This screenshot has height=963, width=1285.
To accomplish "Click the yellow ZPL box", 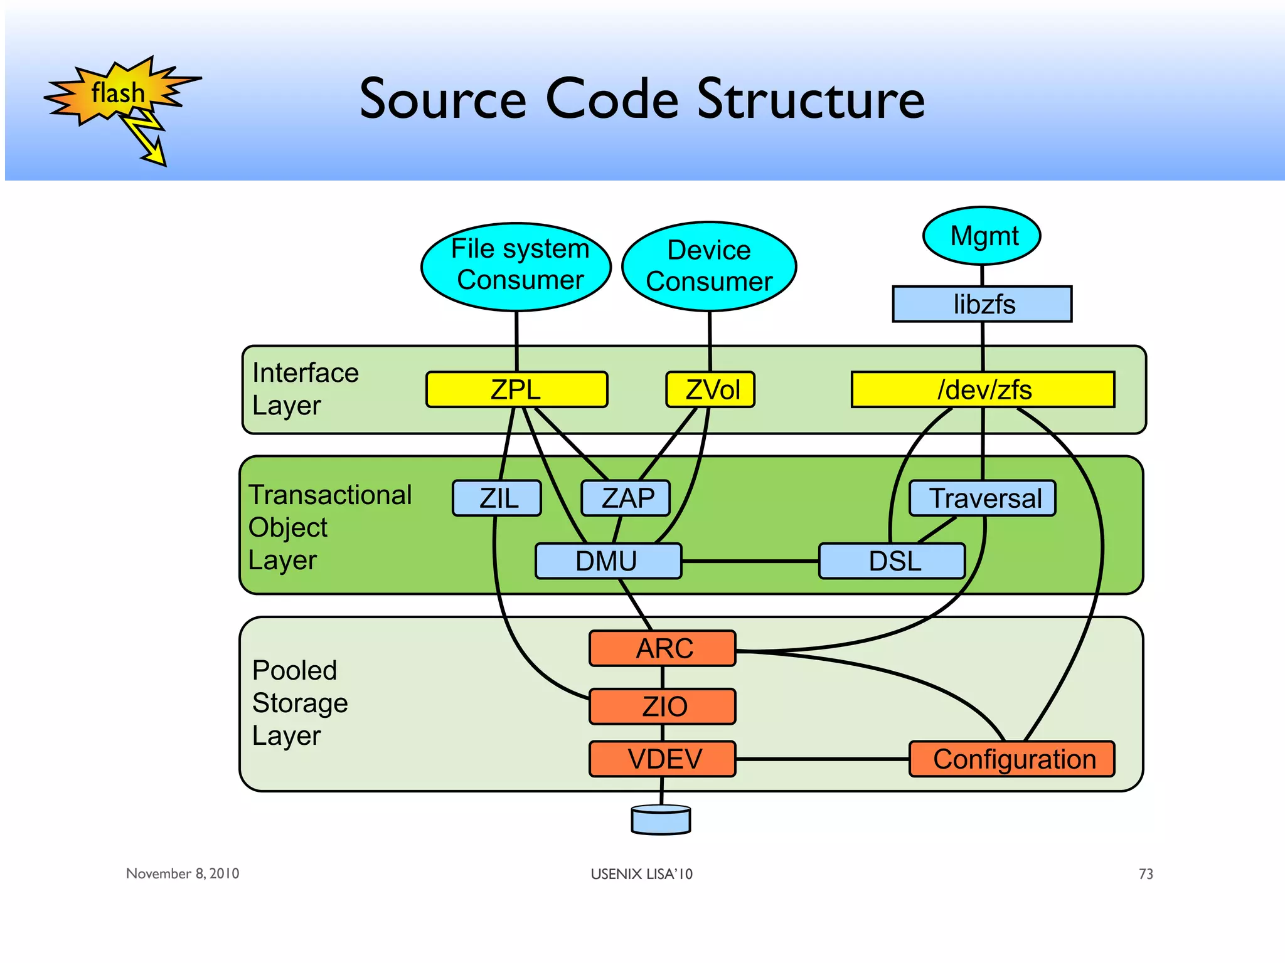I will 516,389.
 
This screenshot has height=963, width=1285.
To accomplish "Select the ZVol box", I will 710,389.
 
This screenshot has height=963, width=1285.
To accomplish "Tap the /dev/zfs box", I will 983,389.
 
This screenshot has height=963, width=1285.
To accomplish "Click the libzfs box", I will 982,304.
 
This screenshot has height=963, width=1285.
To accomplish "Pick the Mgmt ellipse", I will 982,236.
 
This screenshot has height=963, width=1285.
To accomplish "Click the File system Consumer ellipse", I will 516,266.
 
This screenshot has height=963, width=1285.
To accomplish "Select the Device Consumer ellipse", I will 709,266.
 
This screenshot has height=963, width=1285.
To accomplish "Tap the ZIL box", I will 497,498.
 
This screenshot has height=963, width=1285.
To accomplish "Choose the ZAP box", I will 626,498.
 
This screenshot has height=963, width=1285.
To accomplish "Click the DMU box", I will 608,560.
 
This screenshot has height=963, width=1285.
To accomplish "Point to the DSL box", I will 892,560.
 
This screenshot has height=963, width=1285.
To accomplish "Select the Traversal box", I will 983,498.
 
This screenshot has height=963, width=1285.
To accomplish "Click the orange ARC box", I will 663,648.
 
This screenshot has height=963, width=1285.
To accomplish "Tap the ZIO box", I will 663,707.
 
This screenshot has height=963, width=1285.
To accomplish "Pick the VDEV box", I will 663,759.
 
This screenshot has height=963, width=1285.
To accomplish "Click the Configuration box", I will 1012,759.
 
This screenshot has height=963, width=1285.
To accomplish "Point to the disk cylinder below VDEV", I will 661,821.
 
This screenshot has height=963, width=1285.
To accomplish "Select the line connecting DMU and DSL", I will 750,561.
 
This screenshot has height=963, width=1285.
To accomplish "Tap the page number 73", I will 1146,874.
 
